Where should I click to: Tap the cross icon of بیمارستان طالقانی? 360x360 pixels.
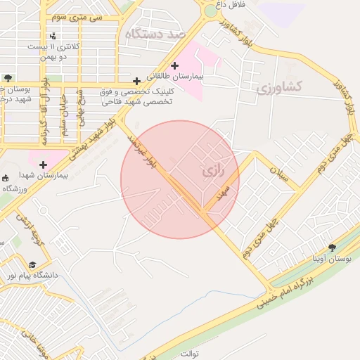click(175, 65)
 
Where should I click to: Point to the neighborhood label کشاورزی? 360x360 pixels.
click(279, 86)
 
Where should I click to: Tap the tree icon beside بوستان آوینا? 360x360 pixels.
click(332, 247)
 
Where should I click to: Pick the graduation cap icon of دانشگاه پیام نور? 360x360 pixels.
click(32, 264)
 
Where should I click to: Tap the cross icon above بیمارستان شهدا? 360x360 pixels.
click(43, 165)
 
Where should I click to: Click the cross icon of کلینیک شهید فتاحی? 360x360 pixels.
click(136, 81)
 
